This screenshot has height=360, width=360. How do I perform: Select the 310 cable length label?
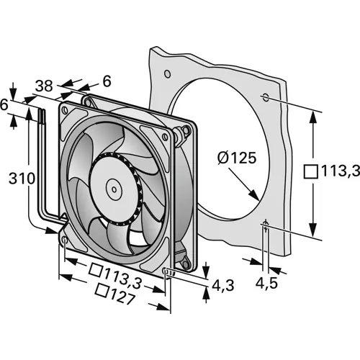point(19,176)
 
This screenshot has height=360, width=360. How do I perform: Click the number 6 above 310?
point(6,104)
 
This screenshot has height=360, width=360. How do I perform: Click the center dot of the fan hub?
point(114,189)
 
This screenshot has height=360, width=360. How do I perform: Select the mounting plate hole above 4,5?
point(266,223)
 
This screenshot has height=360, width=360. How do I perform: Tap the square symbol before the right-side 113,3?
point(311,171)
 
